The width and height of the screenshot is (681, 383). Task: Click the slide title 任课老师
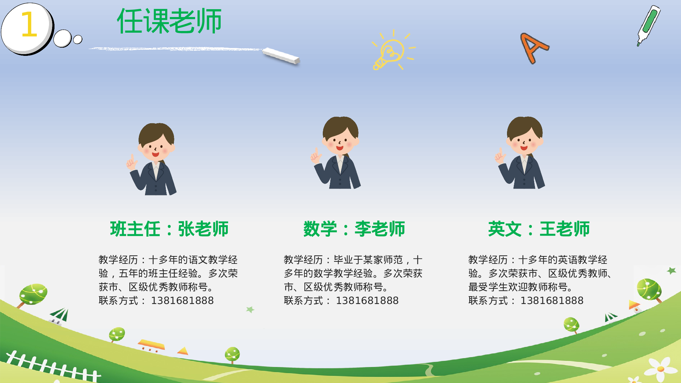169,21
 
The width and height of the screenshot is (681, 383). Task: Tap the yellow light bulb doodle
392,51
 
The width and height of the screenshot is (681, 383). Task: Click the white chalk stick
281,55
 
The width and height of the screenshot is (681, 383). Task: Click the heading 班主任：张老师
169,229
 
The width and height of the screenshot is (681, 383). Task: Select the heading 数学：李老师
354,229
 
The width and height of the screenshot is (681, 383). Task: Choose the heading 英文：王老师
539,229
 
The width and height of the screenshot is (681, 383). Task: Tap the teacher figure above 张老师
155,160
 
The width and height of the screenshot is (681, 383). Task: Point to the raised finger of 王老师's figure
500,151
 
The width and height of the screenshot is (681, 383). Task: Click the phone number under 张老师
182,301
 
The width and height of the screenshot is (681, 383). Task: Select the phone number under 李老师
367,301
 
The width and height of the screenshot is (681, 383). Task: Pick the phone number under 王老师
552,301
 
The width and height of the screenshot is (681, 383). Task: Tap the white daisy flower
661,369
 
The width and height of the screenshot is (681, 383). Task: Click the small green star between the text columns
250,309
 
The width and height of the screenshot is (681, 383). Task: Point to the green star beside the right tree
671,271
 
